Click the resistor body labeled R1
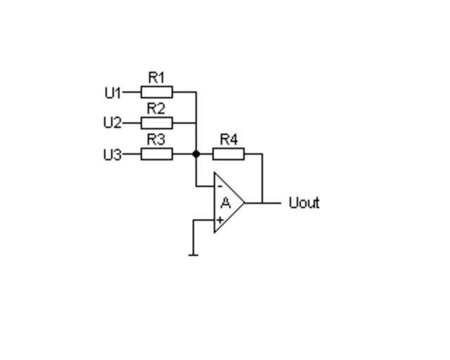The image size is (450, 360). (x=157, y=92)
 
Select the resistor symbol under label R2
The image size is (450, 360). (x=157, y=123)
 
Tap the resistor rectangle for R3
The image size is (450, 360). (x=157, y=154)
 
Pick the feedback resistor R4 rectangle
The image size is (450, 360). (x=229, y=154)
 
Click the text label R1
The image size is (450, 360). (x=156, y=77)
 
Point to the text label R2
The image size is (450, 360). (x=156, y=108)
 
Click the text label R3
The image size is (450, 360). (x=156, y=139)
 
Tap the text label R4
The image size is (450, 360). (x=229, y=139)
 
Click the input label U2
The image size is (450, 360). (x=112, y=123)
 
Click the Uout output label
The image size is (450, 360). (x=304, y=203)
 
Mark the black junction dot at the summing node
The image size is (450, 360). (x=196, y=154)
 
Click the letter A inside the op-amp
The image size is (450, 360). (x=226, y=203)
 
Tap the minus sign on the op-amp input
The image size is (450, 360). (x=220, y=186)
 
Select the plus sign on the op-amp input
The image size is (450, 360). (x=220, y=220)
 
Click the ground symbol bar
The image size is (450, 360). (x=193, y=254)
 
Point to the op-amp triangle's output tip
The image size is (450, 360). (x=244, y=203)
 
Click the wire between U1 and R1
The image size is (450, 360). (x=131, y=92)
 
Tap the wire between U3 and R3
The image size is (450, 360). (x=131, y=154)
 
